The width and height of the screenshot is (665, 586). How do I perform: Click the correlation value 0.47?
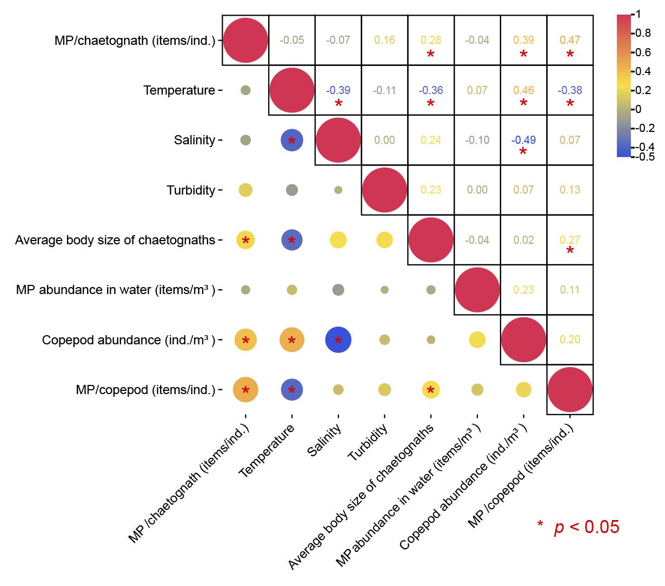[x=570, y=40]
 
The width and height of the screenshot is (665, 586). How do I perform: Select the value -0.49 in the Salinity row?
[x=523, y=140]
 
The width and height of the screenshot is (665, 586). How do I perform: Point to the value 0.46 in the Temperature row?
[x=523, y=90]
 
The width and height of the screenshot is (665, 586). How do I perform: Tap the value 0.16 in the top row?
[x=384, y=40]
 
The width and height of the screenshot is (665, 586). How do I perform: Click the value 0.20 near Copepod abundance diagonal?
[x=570, y=339]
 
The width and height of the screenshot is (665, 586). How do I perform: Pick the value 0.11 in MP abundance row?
[x=570, y=290]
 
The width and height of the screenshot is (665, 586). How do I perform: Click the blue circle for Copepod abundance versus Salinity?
[x=338, y=340]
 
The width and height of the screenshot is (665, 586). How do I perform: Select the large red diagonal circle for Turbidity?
[x=384, y=190]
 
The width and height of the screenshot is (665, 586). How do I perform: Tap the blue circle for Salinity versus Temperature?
[x=292, y=141]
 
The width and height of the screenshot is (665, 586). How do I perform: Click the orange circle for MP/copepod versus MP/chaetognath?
[x=245, y=390]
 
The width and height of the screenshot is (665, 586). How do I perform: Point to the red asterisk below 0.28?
[x=431, y=55]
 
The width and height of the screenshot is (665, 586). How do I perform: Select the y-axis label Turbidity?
[x=191, y=190]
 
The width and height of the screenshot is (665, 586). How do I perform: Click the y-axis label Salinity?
[x=195, y=141]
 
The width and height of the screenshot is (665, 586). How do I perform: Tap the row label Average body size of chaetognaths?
[x=115, y=240]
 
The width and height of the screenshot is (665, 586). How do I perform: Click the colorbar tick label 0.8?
[x=643, y=33]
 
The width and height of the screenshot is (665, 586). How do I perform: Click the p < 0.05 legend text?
[x=586, y=527]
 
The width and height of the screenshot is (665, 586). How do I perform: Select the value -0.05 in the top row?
[x=292, y=40]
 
